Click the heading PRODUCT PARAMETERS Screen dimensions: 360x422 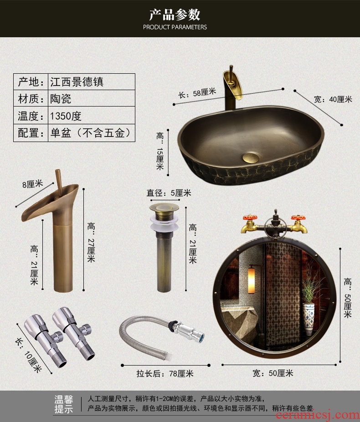tap(175, 27)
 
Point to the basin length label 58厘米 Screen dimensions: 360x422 tap(197, 93)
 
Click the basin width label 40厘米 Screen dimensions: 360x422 tap(333, 99)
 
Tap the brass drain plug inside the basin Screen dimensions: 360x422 tap(251, 158)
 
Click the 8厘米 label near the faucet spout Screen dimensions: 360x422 tap(33, 184)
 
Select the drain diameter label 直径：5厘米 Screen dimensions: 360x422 tap(169, 193)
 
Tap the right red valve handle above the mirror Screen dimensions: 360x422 tap(298, 218)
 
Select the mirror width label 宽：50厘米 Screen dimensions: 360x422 tap(273, 373)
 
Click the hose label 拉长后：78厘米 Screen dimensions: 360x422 tap(165, 374)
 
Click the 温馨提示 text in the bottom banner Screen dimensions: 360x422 tap(64, 404)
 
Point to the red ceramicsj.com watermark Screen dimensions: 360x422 tap(318, 415)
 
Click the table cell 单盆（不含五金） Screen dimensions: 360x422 tap(91, 133)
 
